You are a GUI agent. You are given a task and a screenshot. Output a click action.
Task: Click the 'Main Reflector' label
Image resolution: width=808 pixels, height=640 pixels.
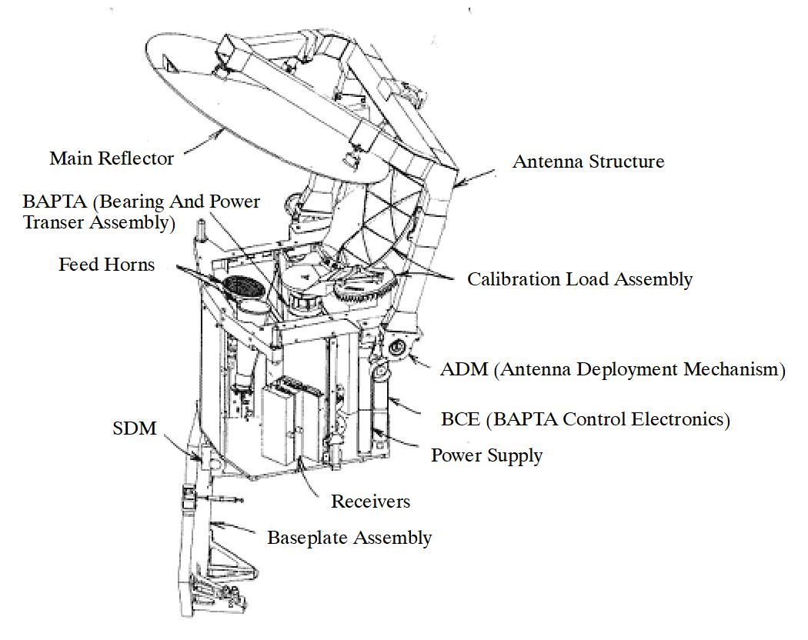[112, 158]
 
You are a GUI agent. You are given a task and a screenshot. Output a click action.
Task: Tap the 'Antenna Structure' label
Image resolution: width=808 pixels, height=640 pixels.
[588, 162]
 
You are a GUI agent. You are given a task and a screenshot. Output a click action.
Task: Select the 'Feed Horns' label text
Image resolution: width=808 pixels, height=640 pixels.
[106, 265]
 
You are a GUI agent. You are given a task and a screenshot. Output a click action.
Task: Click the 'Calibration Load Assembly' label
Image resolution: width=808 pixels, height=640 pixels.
[579, 279]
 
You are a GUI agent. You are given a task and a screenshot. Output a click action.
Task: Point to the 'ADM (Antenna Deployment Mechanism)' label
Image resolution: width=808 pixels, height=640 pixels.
[612, 369]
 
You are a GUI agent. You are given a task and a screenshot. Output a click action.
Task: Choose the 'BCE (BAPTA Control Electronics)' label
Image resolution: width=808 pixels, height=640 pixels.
[585, 419]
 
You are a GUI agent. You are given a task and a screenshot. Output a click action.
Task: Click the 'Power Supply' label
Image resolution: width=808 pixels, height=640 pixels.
[486, 455]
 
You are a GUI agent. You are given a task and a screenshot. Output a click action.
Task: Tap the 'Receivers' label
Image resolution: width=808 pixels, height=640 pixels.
[370, 502]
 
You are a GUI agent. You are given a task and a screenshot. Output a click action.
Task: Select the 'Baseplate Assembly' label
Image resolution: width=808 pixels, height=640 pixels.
[349, 537]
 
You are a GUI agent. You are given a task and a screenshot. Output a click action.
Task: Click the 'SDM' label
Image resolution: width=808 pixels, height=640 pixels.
[134, 428]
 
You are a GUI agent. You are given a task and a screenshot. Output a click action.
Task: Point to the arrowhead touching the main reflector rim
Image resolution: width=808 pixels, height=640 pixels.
[224, 132]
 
